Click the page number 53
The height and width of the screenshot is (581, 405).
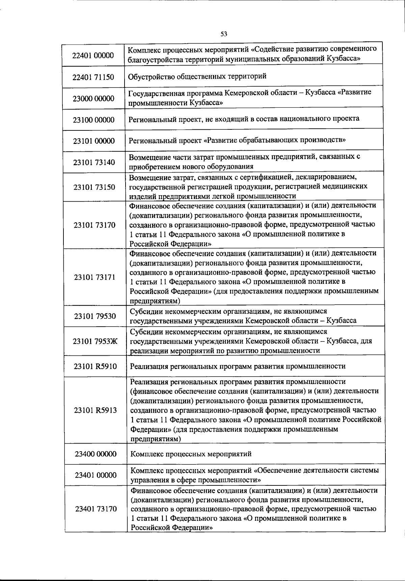click(224, 34)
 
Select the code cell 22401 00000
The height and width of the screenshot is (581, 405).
click(93, 55)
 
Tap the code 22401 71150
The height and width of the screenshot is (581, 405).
click(93, 77)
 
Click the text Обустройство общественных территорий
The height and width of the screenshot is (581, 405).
click(197, 76)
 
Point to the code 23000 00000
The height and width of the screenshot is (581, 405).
click(93, 99)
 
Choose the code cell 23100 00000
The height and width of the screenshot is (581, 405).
click(94, 120)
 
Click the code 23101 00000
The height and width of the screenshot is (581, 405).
click(94, 141)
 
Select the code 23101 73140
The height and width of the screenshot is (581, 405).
click(94, 162)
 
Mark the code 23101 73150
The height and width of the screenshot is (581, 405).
click(94, 187)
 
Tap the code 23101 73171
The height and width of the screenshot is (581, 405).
click(94, 277)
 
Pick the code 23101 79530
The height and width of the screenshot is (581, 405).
click(95, 316)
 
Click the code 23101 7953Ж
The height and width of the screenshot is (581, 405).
click(95, 341)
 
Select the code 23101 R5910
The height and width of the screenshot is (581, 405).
click(96, 366)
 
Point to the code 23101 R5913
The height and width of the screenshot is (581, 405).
click(96, 410)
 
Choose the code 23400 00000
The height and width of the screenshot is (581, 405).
click(96, 454)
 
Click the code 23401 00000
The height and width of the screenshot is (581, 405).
click(96, 475)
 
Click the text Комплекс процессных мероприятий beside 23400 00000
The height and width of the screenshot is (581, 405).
click(191, 454)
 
